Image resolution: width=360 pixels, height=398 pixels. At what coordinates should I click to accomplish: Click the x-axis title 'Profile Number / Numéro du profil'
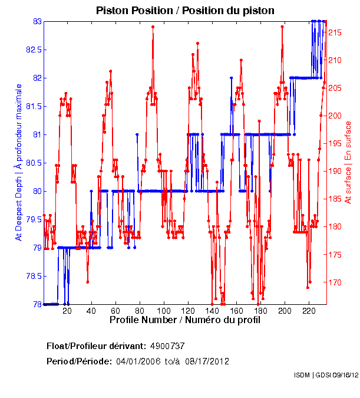pyautogui.click(x=184, y=320)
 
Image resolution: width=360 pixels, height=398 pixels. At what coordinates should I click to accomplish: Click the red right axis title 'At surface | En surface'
pyautogui.click(x=348, y=162)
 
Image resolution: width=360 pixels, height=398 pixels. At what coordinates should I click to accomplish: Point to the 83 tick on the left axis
pyautogui.click(x=37, y=21)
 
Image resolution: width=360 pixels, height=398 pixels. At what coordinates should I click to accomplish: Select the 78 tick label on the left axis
pyautogui.click(x=37, y=304)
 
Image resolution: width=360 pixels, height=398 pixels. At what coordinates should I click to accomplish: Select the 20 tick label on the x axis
pyautogui.click(x=67, y=311)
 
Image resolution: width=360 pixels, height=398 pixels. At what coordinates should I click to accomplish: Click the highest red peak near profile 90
pyautogui.click(x=153, y=27)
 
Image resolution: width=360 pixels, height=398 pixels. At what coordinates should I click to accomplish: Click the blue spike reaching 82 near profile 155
pyautogui.click(x=231, y=78)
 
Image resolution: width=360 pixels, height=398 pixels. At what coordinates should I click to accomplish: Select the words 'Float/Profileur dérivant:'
pyautogui.click(x=96, y=346)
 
